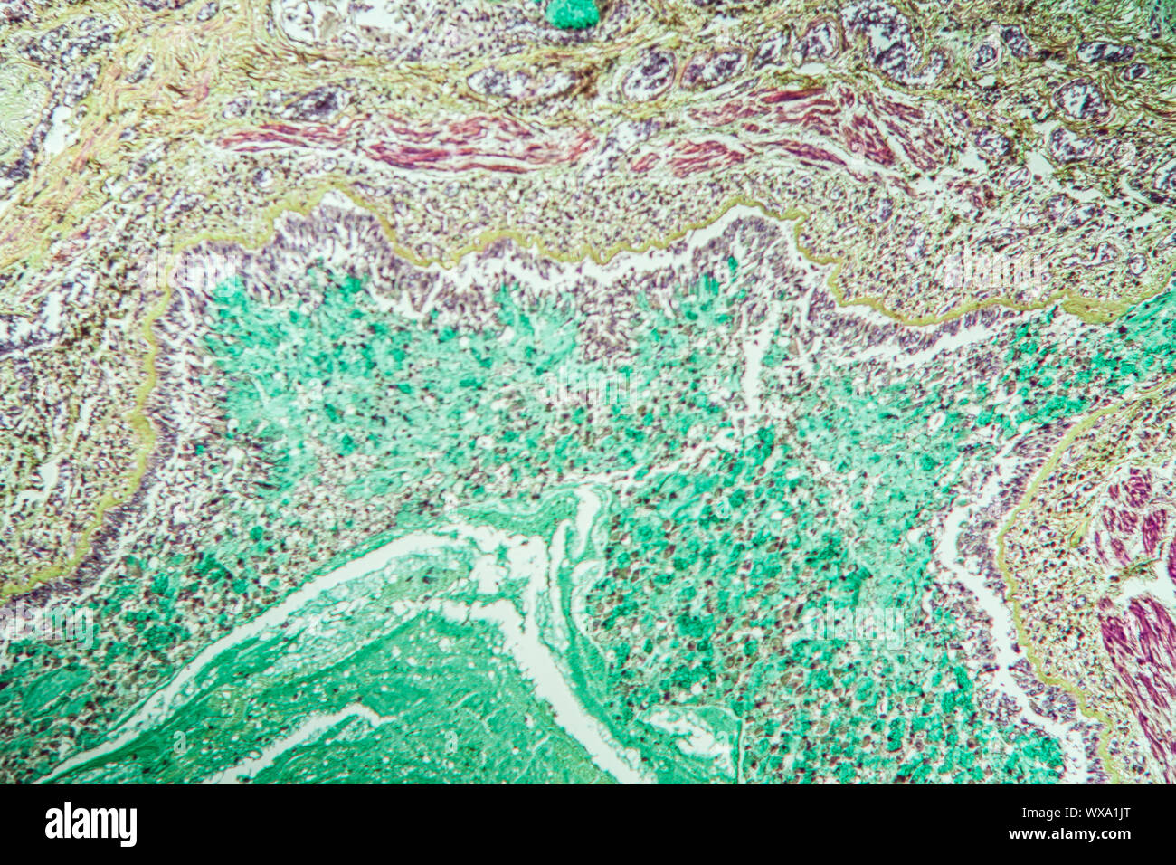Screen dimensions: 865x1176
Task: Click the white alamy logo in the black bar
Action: pos(90,824)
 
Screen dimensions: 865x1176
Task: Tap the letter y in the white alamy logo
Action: pos(128,828)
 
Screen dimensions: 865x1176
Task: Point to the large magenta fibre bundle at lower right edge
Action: pos(1143,651)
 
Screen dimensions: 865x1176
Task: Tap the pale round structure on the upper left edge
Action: pos(20,109)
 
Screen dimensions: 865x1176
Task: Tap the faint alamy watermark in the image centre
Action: pos(588,385)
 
